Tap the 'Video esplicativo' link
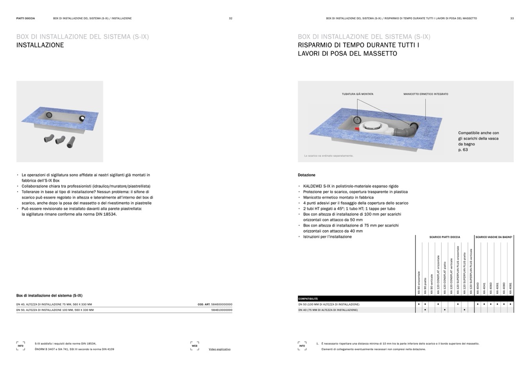click(219, 349)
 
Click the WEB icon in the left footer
click(195, 346)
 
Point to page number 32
click(231, 18)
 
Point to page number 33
click(512, 18)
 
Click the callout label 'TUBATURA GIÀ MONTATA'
click(357, 94)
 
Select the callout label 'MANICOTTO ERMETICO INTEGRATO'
click(426, 94)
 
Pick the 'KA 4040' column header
click(478, 288)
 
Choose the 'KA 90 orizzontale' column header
click(419, 282)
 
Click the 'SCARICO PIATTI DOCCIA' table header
click(444, 237)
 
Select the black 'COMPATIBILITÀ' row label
click(308, 299)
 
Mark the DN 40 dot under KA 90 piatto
click(425, 310)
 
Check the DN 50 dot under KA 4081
click(510, 304)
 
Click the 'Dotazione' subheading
click(306, 175)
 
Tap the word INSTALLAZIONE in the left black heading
click(40, 45)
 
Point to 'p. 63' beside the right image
click(463, 150)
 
